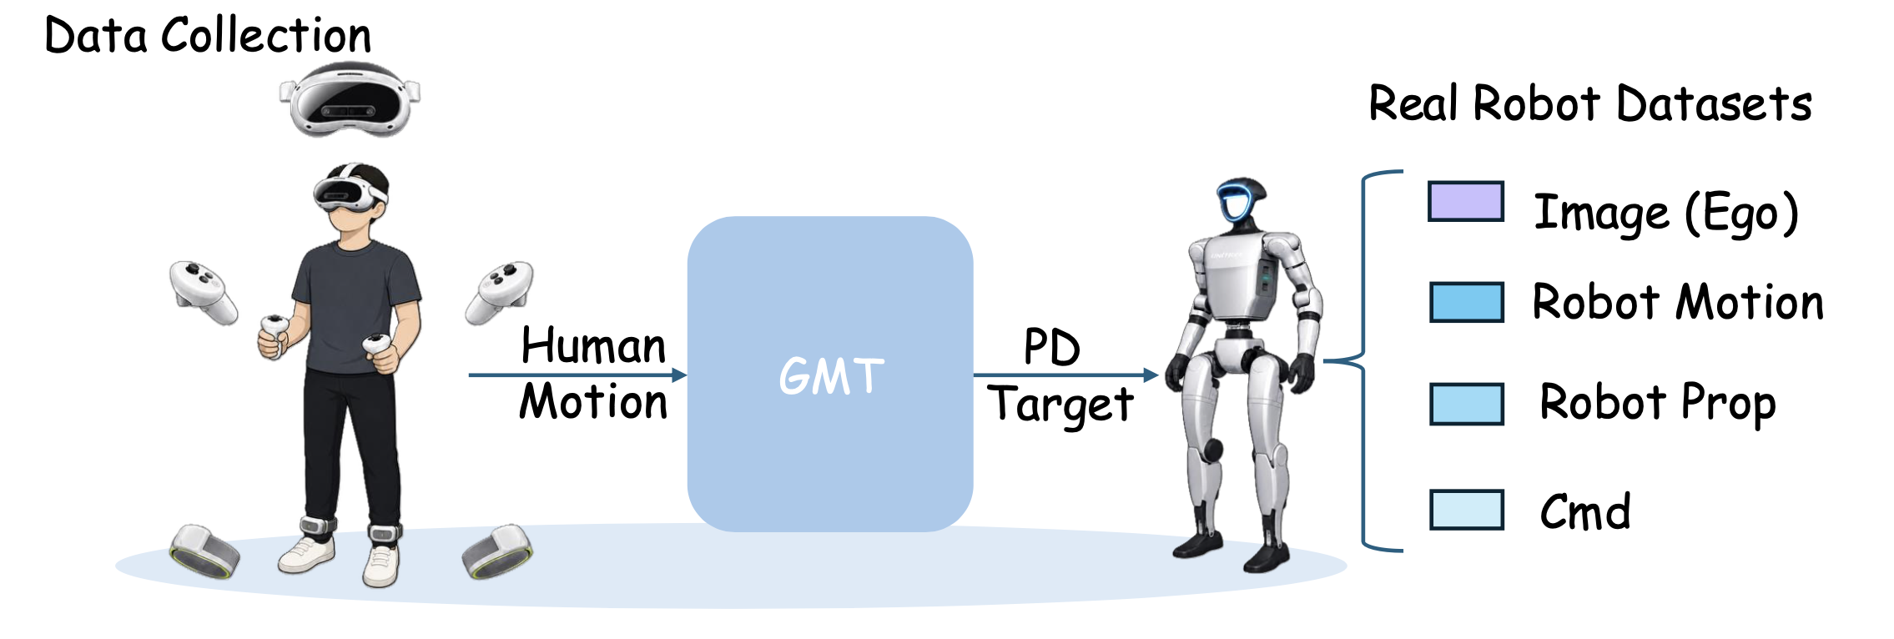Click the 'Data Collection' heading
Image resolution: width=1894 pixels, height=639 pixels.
(208, 37)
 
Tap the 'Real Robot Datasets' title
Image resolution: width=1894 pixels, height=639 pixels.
(1590, 104)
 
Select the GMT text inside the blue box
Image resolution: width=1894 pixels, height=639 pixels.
(831, 375)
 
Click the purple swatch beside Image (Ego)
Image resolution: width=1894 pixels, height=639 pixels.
(1466, 202)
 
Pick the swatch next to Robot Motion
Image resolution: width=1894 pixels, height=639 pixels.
(1467, 302)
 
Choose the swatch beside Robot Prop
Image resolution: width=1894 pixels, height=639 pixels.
(1467, 405)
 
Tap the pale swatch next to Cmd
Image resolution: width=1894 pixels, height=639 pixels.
(1467, 510)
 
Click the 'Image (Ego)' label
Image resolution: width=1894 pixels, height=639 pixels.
(1666, 214)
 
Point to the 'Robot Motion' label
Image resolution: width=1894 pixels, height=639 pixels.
(1678, 302)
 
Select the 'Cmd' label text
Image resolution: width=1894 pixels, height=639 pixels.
(1585, 511)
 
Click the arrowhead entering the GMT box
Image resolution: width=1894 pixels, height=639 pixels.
(679, 375)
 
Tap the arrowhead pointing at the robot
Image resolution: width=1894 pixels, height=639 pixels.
(1151, 375)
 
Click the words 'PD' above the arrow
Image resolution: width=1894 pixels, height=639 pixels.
(1052, 347)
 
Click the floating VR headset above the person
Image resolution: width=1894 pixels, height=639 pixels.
(350, 100)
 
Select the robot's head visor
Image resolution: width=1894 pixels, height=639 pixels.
(1242, 199)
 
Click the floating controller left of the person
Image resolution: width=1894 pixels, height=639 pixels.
(203, 291)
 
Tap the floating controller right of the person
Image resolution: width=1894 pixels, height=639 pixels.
(499, 292)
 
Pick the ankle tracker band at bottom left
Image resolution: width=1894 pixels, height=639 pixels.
(204, 551)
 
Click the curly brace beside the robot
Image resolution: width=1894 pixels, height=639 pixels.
(1363, 361)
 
